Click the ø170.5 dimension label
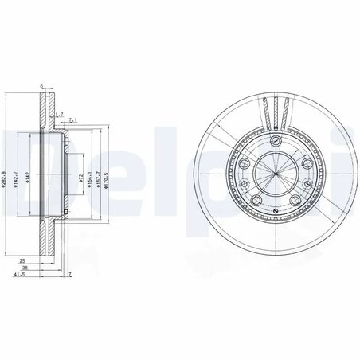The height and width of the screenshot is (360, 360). coord(106,175)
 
